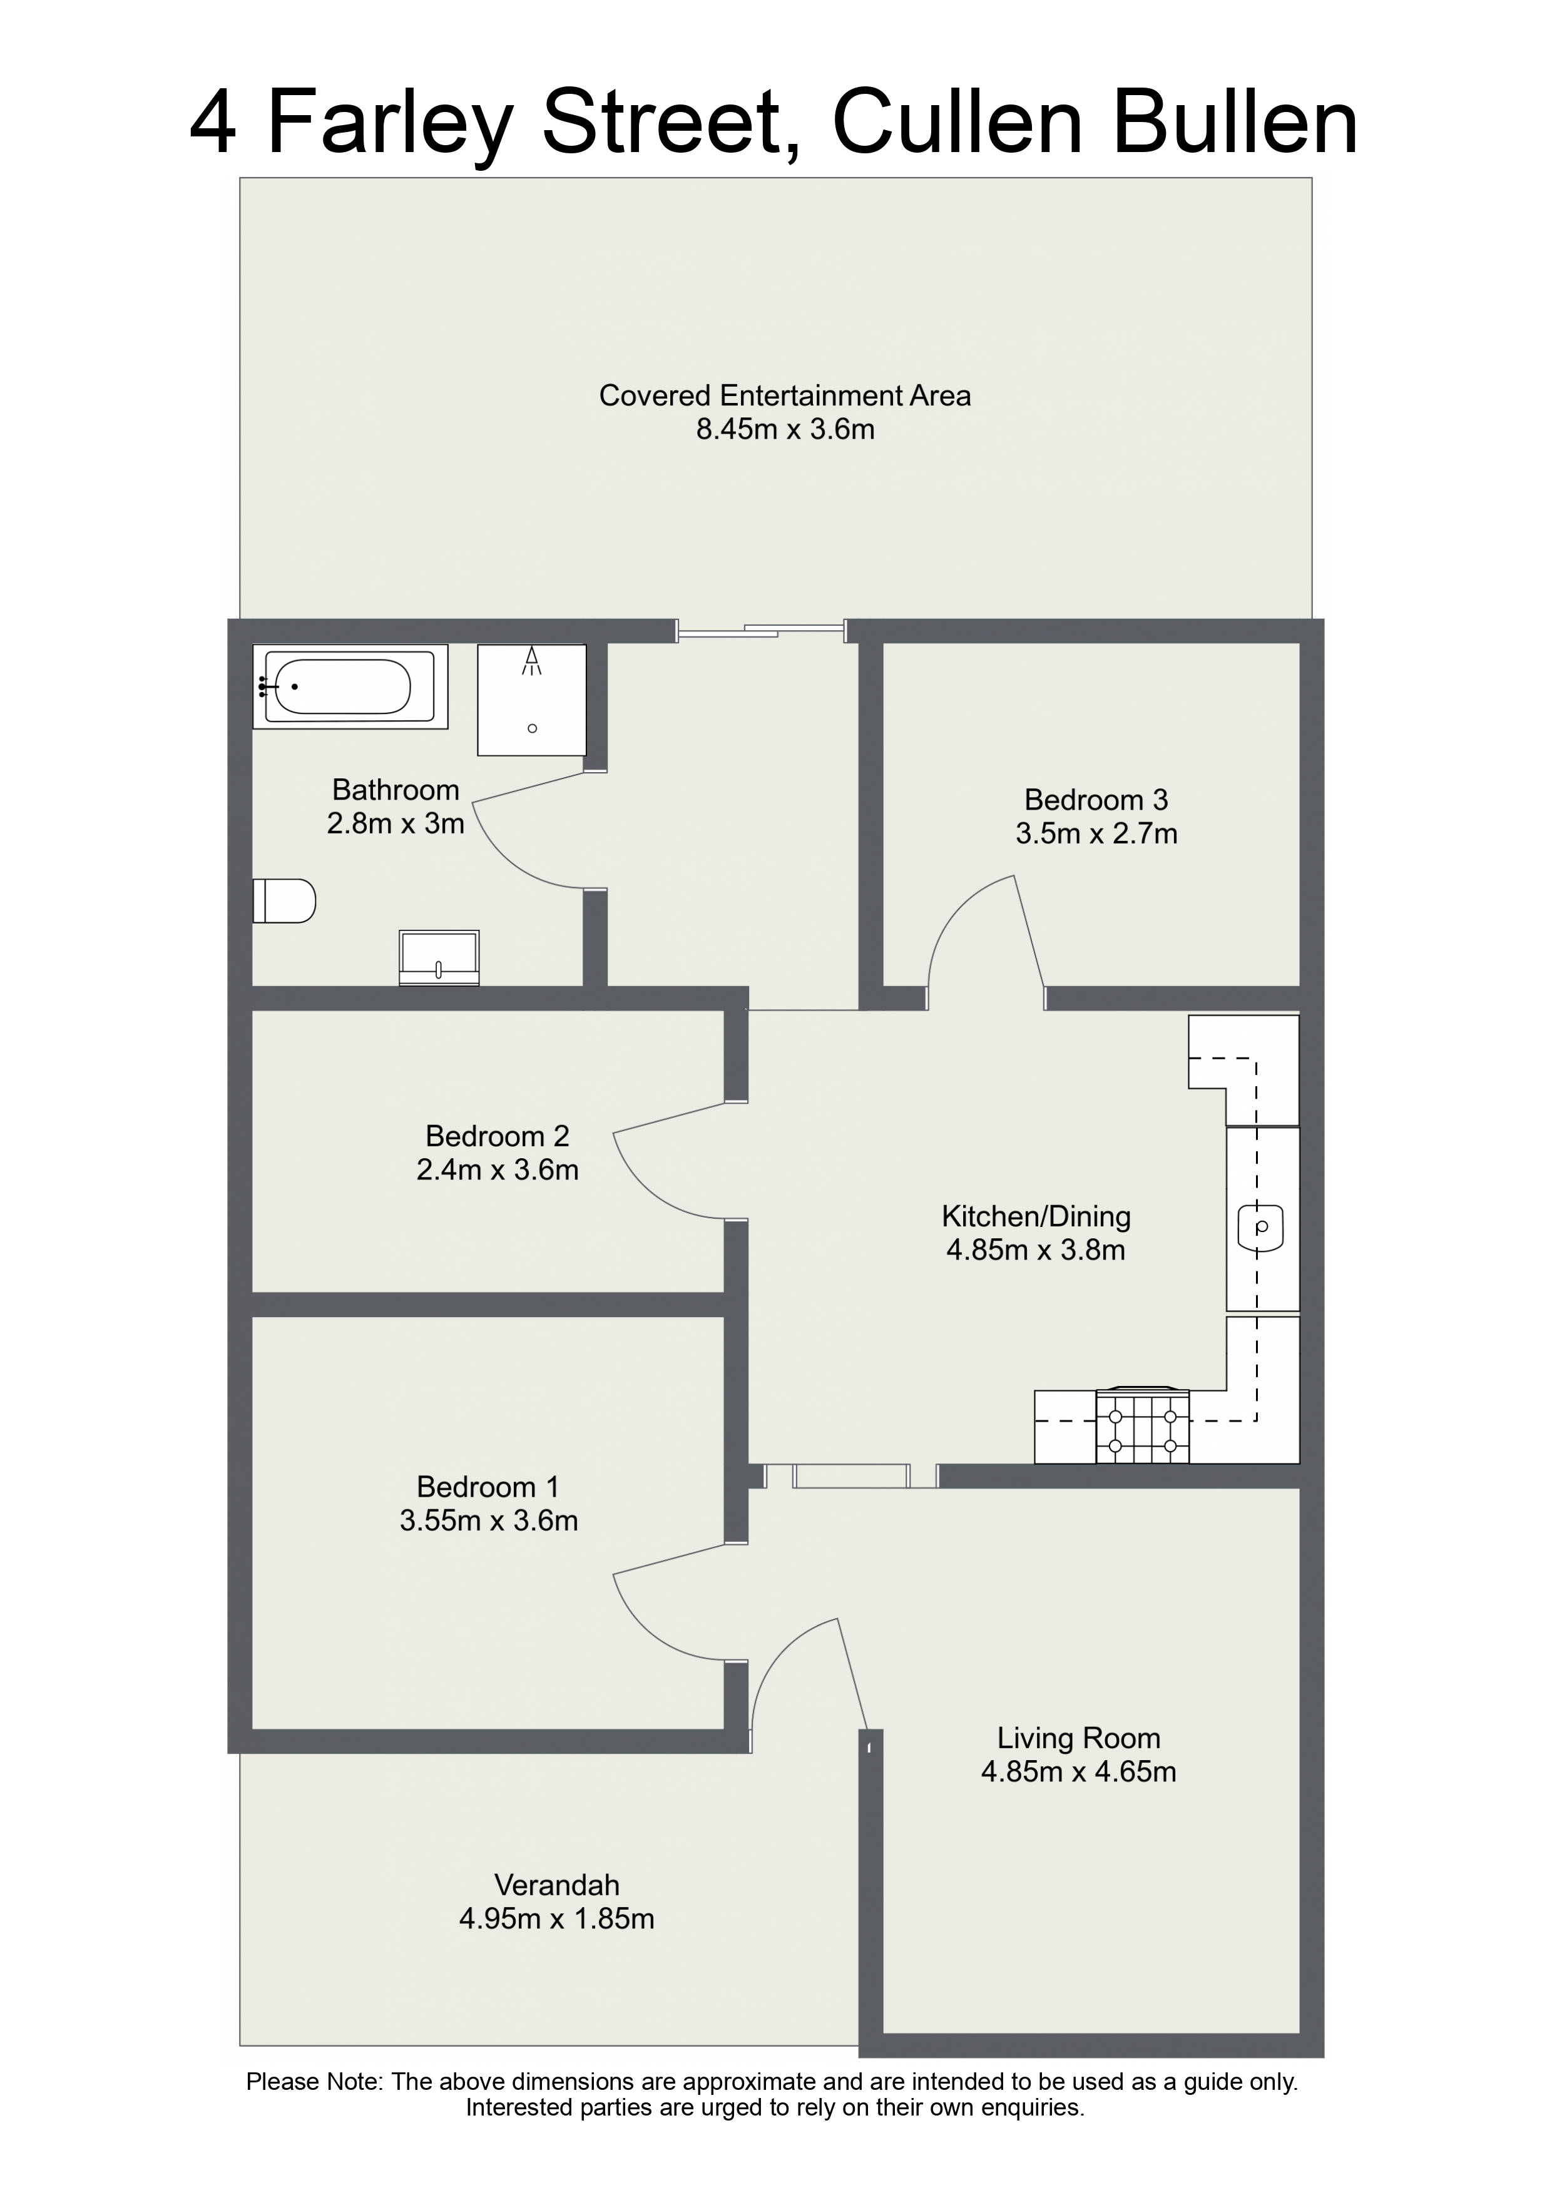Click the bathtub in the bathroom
(x=350, y=686)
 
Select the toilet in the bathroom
(x=284, y=900)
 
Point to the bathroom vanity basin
(x=439, y=957)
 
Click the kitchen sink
(x=1261, y=1226)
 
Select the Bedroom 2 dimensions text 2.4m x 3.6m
(x=498, y=1169)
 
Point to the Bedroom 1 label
(x=488, y=1487)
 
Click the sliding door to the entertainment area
(x=761, y=630)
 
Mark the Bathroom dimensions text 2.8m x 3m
(x=396, y=823)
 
